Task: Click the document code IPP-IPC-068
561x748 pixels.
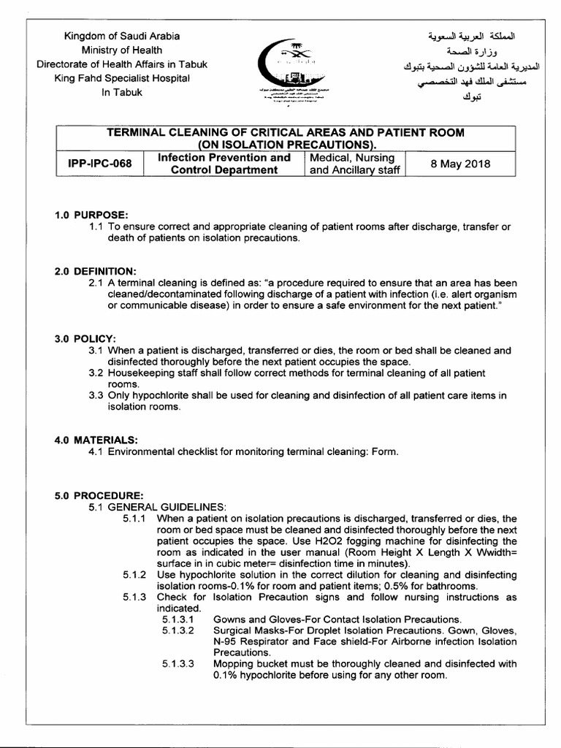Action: (99, 163)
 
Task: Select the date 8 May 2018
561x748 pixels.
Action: (459, 163)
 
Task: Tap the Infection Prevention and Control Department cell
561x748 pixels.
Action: (223, 163)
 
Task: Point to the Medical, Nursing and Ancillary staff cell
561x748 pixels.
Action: (351, 163)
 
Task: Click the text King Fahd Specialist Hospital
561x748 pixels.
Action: (122, 78)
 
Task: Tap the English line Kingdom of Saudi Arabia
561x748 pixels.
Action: (122, 36)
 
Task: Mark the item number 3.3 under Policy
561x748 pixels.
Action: (95, 395)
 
